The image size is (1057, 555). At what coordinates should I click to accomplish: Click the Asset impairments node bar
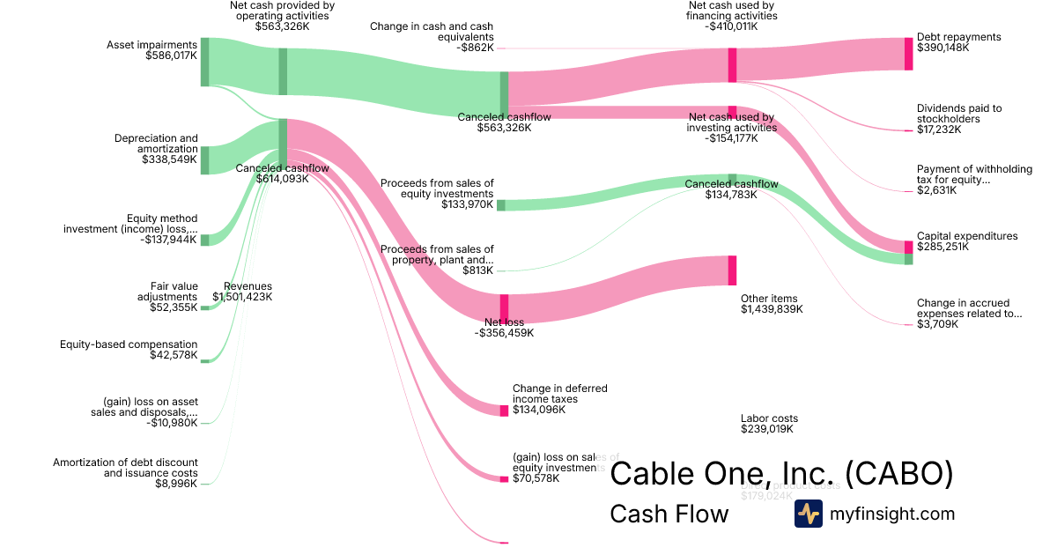pos(204,62)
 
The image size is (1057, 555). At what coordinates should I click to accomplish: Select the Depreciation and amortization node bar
pos(204,160)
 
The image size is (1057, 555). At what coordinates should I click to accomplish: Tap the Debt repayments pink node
pos(909,54)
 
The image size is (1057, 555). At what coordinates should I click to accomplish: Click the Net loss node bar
pos(505,307)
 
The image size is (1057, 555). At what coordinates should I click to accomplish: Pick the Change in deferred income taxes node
pos(505,411)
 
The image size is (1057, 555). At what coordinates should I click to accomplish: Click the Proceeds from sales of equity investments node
pos(501,205)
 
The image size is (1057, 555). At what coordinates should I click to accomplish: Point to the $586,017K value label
pos(172,55)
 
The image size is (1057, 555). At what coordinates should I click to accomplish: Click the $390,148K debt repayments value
pos(942,48)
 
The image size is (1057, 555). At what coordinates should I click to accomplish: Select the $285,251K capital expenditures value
pos(942,248)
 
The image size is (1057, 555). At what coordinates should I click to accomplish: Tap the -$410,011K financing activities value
pos(731,26)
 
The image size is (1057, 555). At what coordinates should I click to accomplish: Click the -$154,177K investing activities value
pos(731,138)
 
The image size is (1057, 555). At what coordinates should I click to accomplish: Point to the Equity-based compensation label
pos(129,344)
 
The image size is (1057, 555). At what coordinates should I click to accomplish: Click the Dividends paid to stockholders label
pos(958,114)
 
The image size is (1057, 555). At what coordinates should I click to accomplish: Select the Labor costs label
pos(769,418)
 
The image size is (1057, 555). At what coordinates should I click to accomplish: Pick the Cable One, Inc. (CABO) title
pos(781,473)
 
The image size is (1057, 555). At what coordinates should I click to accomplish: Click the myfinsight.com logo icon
pos(808,514)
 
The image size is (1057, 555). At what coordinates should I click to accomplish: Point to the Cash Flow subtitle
pos(669,514)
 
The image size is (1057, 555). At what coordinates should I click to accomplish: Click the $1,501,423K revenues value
pos(242,297)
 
